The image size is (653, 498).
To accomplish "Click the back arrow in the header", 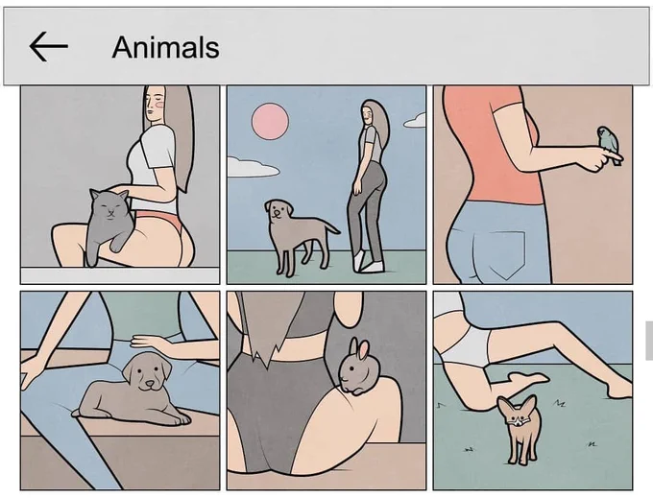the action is tap(48, 47).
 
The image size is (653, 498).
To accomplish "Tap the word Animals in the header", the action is tap(166, 47).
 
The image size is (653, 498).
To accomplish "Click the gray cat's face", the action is tap(108, 205).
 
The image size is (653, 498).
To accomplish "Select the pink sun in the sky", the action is tap(270, 121).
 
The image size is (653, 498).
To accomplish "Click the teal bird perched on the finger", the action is tap(609, 144).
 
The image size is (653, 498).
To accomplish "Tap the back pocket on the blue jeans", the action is tap(506, 254).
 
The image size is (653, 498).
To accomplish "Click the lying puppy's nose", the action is tap(148, 384).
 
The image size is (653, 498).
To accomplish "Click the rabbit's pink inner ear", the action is tap(363, 350).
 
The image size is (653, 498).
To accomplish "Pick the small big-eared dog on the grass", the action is tap(519, 428).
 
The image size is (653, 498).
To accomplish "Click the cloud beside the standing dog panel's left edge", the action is tap(253, 167).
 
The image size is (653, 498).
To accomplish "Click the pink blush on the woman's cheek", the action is tap(158, 105).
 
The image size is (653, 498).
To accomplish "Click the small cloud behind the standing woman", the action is tap(415, 120).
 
